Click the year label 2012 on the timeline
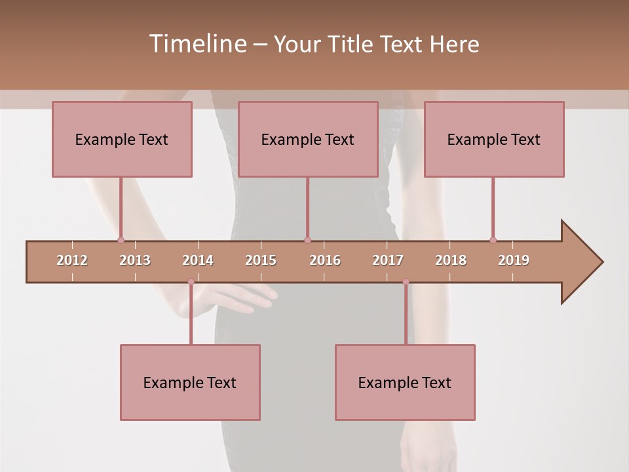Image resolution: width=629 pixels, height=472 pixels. coord(72,260)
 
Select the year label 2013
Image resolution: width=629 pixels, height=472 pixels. coord(135,260)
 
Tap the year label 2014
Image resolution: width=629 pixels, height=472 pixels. coord(198,260)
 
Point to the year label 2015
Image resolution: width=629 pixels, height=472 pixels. coord(261,260)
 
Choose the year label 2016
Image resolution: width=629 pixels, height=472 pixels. coord(325,260)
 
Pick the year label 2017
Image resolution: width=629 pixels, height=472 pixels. coord(388,260)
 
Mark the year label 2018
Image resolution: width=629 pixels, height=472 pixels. coord(451,260)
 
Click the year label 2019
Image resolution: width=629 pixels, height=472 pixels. coord(514,260)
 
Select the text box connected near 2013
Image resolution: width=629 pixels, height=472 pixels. coord(122,139)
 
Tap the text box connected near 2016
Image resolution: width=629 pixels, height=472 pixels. coord(308,139)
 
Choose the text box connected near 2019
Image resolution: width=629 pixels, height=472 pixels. coord(494,139)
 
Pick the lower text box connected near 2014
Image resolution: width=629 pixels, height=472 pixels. coord(190,382)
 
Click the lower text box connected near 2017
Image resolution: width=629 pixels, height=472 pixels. coord(405,382)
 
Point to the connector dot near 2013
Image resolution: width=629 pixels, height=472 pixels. coord(121,240)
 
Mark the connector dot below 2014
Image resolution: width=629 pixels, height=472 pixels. coord(191,282)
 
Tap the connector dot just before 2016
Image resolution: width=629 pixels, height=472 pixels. coord(307,240)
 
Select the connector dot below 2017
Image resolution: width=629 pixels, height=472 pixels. coord(406,282)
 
